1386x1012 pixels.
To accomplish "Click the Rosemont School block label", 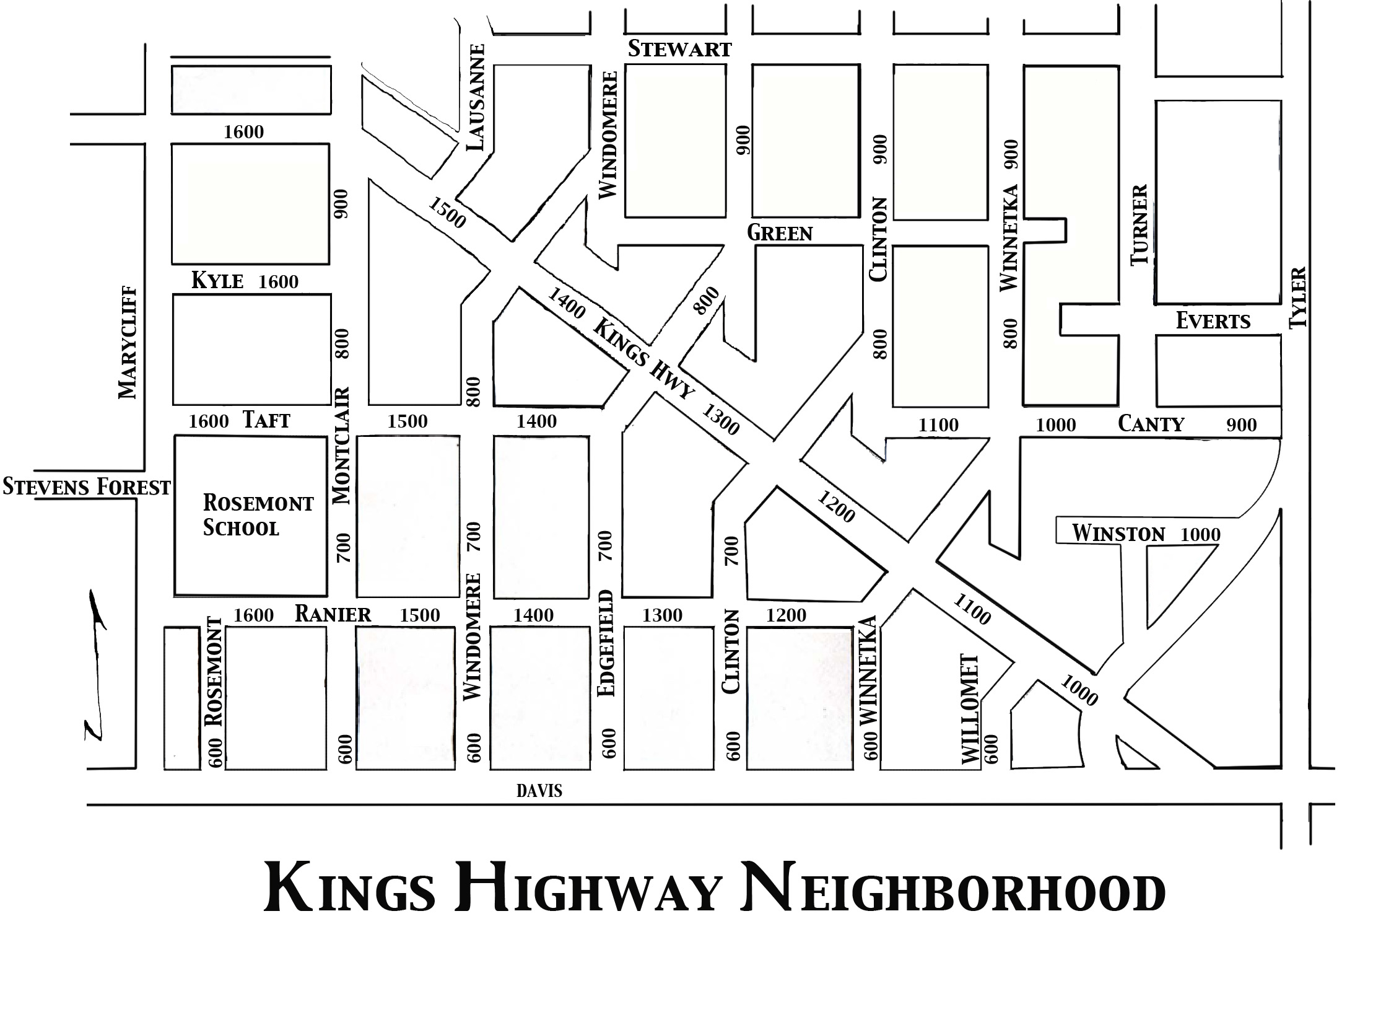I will coord(258,515).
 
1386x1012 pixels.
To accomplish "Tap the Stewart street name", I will coord(679,49).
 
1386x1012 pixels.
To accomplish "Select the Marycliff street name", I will coord(128,342).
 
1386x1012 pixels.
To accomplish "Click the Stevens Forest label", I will coord(87,487).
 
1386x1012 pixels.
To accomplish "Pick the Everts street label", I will coord(1213,321).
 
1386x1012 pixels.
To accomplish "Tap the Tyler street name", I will coord(1297,297).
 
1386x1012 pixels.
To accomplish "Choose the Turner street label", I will coord(1140,224).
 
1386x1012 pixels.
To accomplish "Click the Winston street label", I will coord(1118,534).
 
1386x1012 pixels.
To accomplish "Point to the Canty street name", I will coord(1151,424).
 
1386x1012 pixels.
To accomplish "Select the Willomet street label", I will coord(970,709).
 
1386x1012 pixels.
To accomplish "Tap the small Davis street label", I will coord(539,791).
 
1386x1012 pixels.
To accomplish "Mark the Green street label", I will coord(780,233).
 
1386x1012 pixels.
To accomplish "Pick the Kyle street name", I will coord(217,281).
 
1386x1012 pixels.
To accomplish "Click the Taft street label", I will coord(266,420).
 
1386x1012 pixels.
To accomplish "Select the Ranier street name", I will coord(333,614).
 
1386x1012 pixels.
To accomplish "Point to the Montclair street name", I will coord(342,446).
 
